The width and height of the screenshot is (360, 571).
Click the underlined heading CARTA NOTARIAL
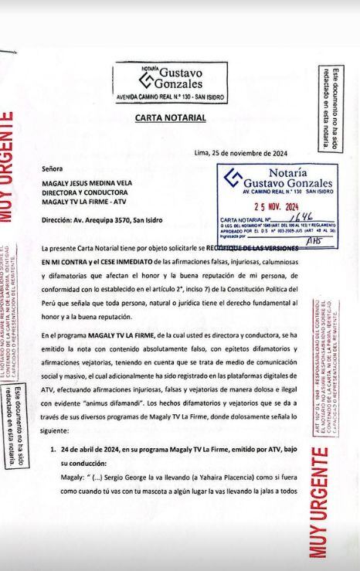tap(170, 118)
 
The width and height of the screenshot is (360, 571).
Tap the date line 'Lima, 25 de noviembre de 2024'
tap(241, 153)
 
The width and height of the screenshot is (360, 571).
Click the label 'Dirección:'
tap(59, 219)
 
